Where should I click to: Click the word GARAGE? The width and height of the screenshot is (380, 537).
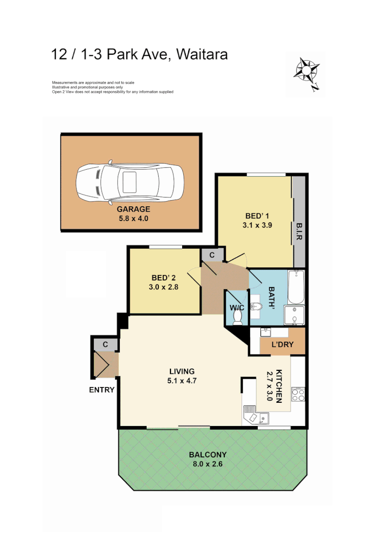133,209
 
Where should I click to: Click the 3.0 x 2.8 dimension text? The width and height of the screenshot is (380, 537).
164,287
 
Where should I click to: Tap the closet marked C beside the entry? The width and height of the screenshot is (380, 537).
106,344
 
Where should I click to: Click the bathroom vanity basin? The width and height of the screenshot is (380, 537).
256,305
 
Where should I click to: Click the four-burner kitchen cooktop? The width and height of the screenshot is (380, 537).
298,395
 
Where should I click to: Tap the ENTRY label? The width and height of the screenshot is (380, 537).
101,390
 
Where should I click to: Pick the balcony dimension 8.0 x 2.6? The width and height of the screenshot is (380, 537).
208,464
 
